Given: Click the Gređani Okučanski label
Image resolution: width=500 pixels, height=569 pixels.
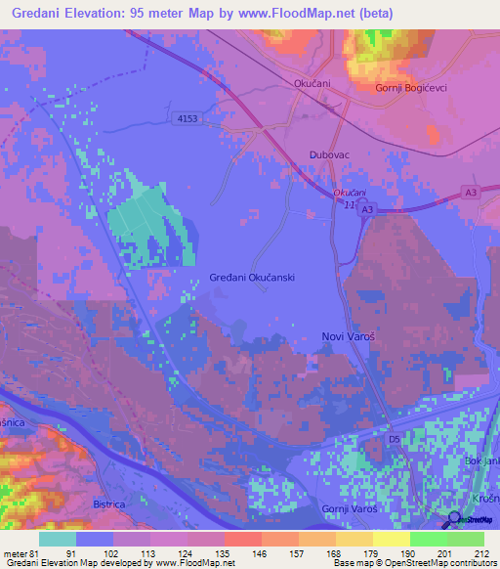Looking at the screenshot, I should click(252, 278).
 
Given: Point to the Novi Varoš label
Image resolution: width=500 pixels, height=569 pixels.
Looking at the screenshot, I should click(350, 335).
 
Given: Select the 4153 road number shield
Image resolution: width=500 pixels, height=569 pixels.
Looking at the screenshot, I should click(187, 119).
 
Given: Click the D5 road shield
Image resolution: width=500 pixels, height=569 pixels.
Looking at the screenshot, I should click(395, 440).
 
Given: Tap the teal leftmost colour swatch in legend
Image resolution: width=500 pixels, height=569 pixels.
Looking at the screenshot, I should click(58, 539).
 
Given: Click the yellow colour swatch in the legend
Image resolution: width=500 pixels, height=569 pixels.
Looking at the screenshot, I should click(391, 539).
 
